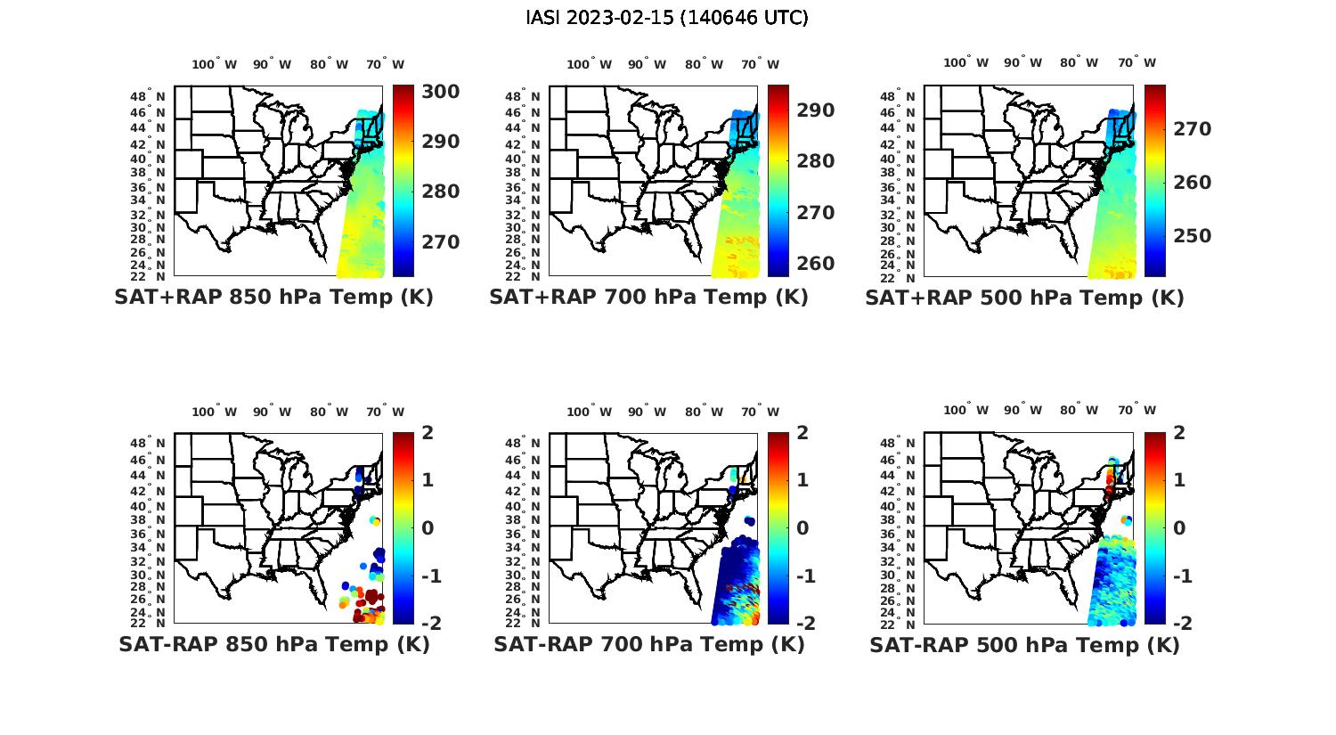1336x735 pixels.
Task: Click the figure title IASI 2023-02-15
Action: point(667,18)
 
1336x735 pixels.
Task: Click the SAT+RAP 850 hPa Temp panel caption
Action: point(273,298)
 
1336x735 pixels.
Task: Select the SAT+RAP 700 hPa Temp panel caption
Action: point(648,298)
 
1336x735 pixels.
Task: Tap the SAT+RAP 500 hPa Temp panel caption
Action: point(1024,298)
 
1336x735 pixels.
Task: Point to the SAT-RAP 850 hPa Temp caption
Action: point(273,645)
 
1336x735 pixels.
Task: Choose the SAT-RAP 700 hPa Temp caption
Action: point(648,645)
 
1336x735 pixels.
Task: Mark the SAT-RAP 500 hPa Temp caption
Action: point(1024,646)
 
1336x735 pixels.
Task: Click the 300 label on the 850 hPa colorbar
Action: point(440,92)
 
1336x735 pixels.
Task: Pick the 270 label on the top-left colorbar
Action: point(440,242)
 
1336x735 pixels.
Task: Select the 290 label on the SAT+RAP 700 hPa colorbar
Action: point(815,110)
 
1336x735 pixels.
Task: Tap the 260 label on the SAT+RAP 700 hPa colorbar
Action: point(815,264)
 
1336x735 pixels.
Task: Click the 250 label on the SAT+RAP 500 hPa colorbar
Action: point(1191,236)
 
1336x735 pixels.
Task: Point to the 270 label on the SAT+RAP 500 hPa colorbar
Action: point(1191,129)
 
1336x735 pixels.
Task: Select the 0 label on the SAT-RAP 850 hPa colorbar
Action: point(427,527)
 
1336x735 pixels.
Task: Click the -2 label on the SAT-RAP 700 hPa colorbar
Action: point(797,623)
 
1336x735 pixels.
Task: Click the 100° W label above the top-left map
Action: point(214,64)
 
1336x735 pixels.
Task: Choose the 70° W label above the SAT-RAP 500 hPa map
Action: point(1137,411)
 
